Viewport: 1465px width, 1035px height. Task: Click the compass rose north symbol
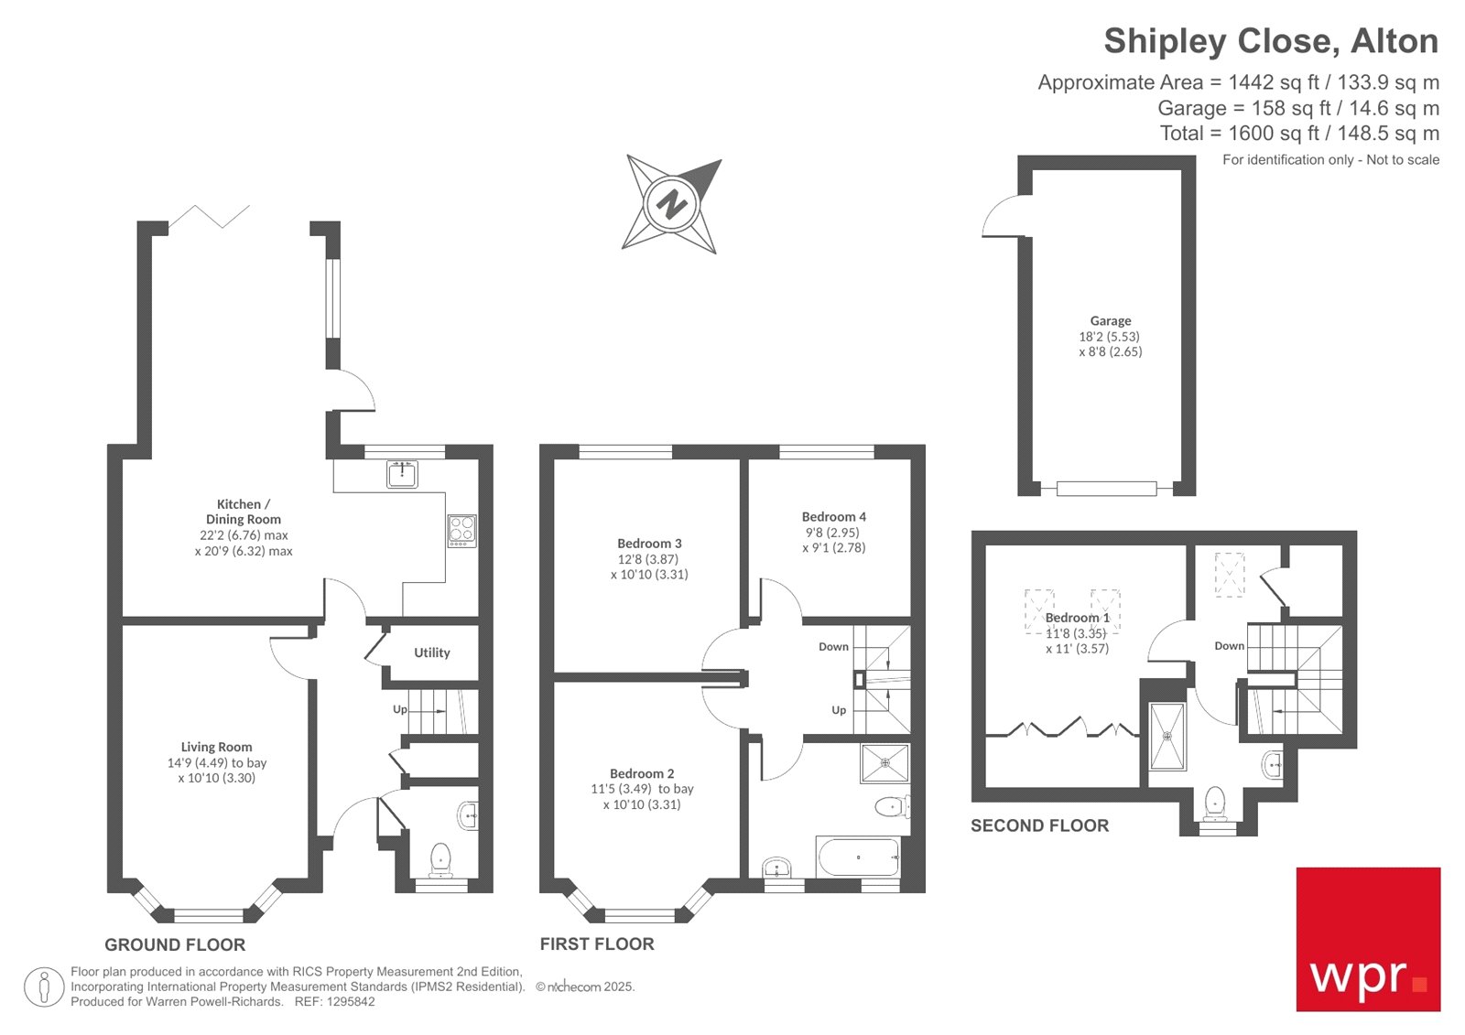[x=671, y=203]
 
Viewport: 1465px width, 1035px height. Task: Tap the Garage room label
[x=1110, y=321]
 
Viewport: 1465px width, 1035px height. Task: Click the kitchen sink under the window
[x=401, y=474]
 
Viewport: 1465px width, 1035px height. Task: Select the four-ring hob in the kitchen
[x=461, y=531]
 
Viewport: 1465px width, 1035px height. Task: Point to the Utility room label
[x=431, y=652]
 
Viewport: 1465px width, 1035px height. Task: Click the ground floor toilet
[x=440, y=859]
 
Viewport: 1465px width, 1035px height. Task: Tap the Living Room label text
[x=216, y=747]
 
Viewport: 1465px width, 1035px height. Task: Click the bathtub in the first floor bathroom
[x=858, y=857]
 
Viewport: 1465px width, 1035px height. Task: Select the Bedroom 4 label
[x=833, y=517]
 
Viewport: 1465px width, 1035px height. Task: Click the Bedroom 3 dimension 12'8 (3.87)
[x=647, y=559]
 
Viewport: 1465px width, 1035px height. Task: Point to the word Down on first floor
[x=833, y=647]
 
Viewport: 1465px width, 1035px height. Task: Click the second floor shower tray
[x=1167, y=736]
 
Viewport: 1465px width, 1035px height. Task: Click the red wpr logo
[x=1368, y=939]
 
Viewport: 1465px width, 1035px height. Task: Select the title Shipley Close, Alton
[x=1270, y=41]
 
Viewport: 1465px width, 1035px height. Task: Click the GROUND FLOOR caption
[x=175, y=945]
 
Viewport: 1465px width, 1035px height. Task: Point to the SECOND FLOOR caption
[x=1039, y=825]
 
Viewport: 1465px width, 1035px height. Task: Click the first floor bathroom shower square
[x=884, y=762]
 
